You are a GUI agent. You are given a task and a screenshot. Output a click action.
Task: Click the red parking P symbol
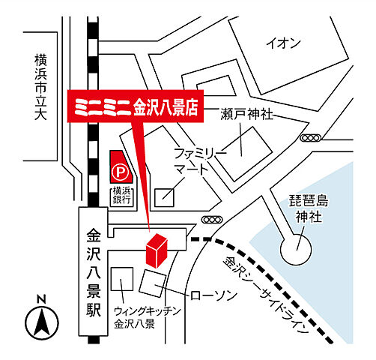point(119,172)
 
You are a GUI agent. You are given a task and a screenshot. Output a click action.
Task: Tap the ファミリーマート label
point(198,160)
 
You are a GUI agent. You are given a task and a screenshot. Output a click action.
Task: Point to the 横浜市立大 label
point(40,86)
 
